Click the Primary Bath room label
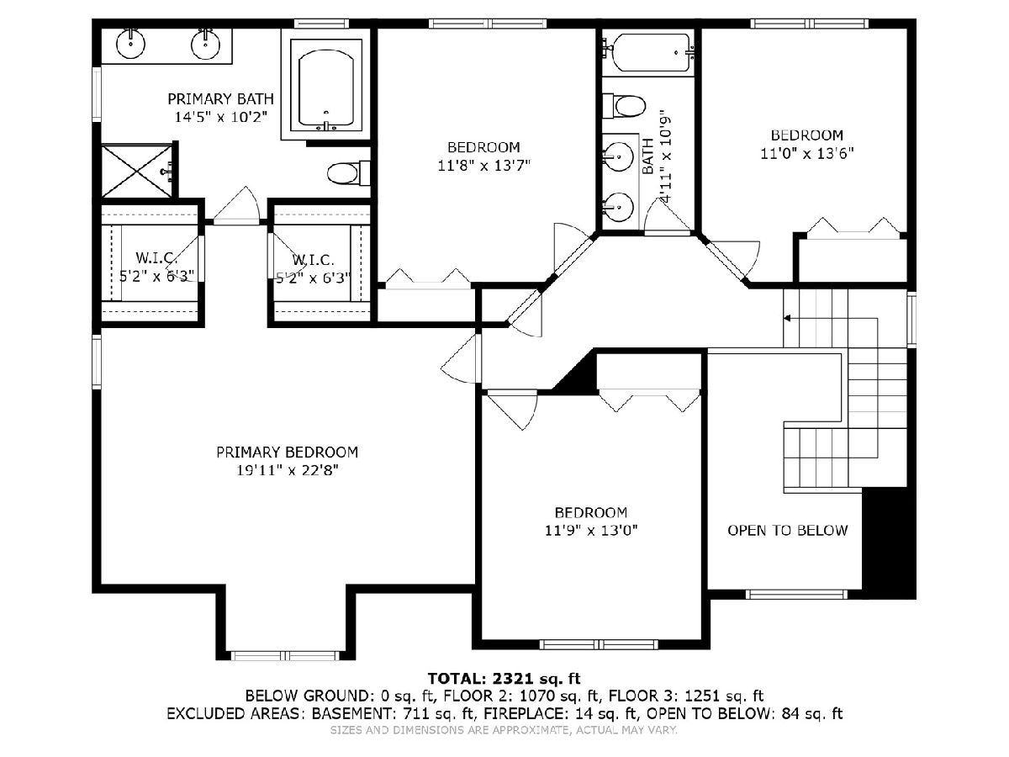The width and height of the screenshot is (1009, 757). click(x=220, y=98)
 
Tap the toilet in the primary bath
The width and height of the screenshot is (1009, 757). click(x=349, y=173)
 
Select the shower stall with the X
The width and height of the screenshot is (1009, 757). click(x=136, y=171)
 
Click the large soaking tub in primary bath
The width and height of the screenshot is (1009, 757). click(x=326, y=88)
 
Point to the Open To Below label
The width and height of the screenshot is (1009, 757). click(x=787, y=531)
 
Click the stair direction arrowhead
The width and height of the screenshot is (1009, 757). click(x=787, y=318)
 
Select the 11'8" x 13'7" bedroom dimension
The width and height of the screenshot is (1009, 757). click(x=484, y=166)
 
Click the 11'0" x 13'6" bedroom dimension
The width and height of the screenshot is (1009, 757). click(x=807, y=154)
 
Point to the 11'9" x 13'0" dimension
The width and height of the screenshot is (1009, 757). click(x=591, y=531)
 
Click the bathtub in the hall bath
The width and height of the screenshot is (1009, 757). click(x=648, y=52)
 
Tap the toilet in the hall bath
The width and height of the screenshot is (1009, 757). click(x=624, y=106)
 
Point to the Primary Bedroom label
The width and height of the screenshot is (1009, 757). click(x=288, y=453)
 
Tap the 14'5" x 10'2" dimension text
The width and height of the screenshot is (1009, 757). click(x=220, y=117)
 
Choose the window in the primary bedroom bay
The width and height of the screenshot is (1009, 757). click(x=284, y=656)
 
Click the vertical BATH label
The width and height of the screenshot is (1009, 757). click(x=647, y=156)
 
